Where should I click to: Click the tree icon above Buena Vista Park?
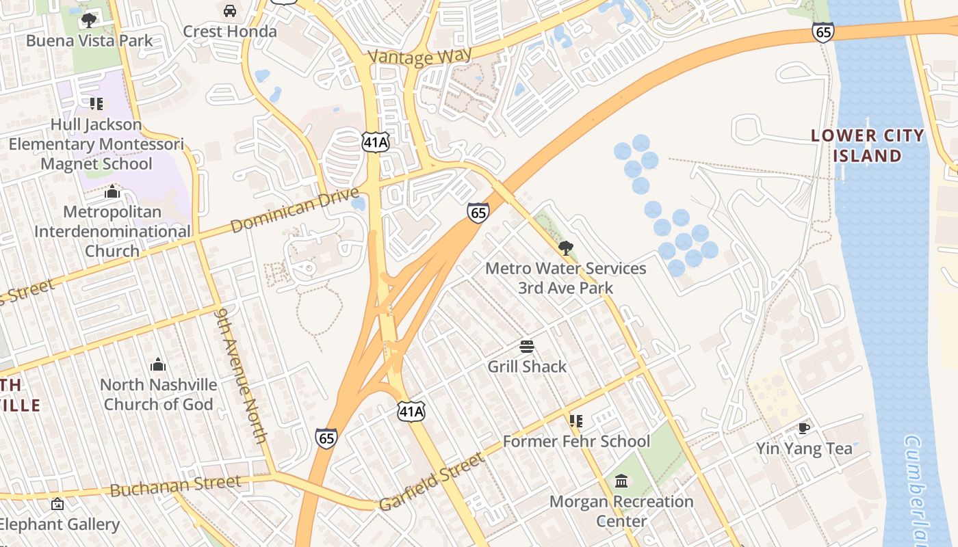[x=88, y=21]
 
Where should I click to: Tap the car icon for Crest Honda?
[x=230, y=11]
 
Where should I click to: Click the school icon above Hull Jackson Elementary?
[x=96, y=104]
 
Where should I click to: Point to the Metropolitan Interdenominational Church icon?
[x=112, y=191]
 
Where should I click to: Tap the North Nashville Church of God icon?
[x=158, y=364]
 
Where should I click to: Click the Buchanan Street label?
[x=175, y=486]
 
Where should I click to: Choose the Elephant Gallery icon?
[x=58, y=504]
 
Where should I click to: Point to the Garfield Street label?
[x=431, y=482]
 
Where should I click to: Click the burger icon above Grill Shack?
[x=526, y=347]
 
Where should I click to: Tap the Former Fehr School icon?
[x=576, y=421]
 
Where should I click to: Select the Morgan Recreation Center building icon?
[x=621, y=481]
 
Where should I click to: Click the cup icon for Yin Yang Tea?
[x=804, y=429]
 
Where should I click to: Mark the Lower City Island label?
[x=867, y=146]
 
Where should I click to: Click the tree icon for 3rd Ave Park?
[x=565, y=248]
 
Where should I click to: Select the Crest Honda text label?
[x=230, y=31]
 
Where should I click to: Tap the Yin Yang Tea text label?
[x=804, y=449]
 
